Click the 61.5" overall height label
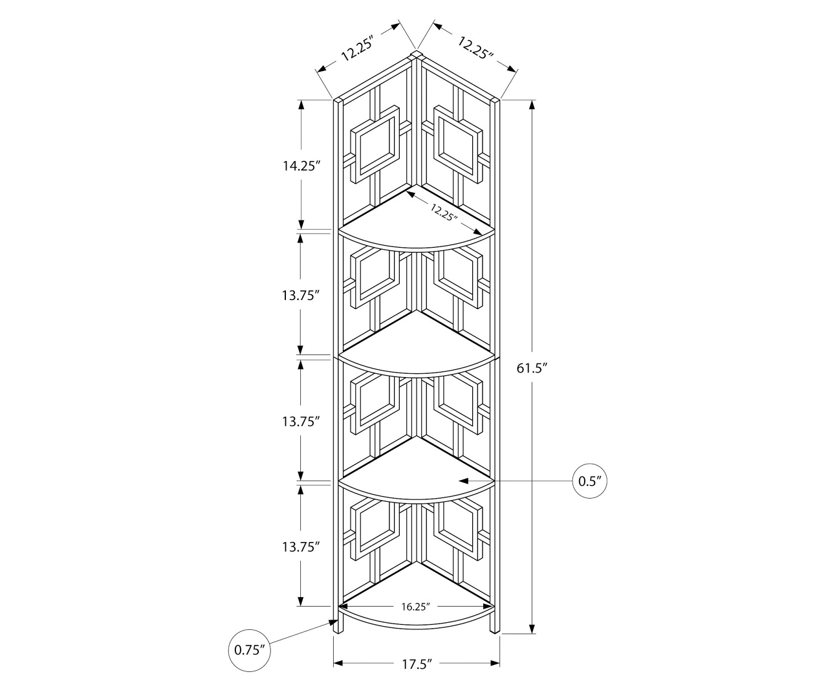coord(532,369)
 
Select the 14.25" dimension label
coord(301,166)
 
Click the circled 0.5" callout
coord(590,481)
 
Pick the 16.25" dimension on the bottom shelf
coord(415,607)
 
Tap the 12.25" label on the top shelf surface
coord(444,211)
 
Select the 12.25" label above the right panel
coord(475,48)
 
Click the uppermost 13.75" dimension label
coord(301,295)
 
